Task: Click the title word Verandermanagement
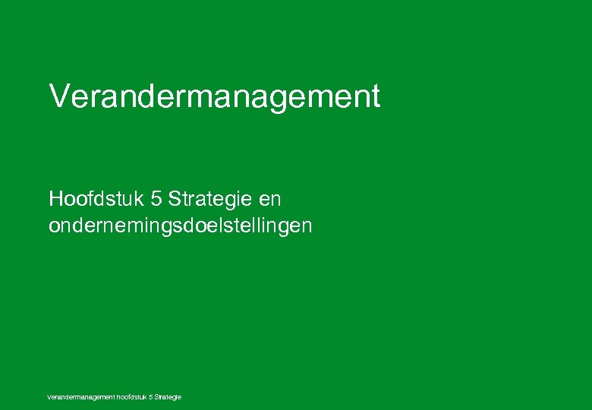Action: tap(214, 97)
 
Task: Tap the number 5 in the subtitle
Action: tap(156, 200)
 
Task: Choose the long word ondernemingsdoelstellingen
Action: tap(180, 226)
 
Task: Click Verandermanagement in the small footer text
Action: tap(79, 397)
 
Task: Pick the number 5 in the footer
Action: tap(152, 397)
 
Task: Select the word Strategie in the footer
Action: tap(168, 397)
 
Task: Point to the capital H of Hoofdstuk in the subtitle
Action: tap(56, 200)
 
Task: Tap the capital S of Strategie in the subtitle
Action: tap(175, 200)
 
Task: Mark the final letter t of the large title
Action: tap(375, 97)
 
